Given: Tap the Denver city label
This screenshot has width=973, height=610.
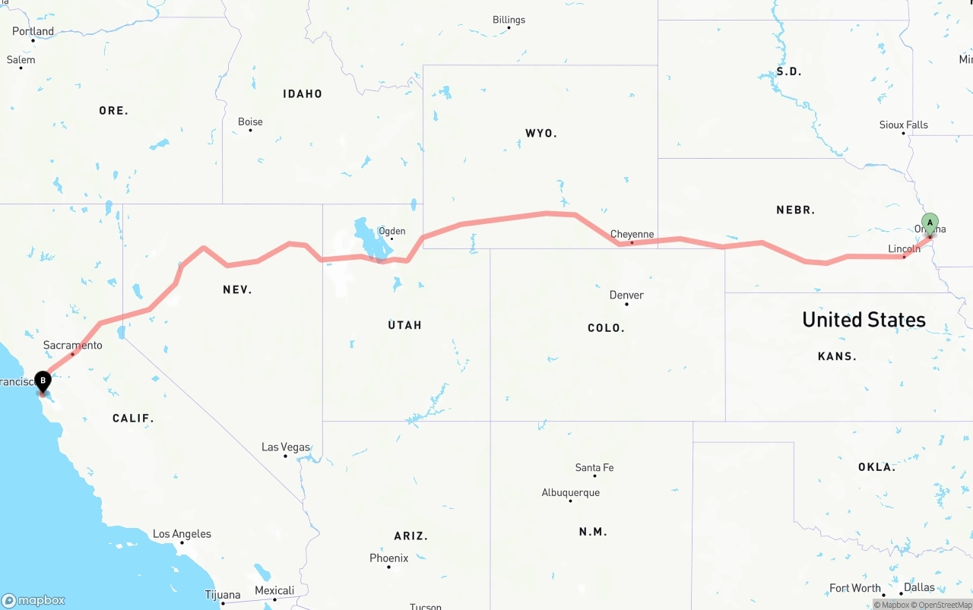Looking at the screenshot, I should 626,295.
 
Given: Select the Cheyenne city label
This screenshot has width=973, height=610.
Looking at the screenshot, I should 632,234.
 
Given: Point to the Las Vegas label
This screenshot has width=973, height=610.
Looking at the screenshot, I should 285,447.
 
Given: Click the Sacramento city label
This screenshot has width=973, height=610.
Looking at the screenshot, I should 72,345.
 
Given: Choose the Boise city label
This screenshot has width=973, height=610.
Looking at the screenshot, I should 250,122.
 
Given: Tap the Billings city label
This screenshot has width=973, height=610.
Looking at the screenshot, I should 509,20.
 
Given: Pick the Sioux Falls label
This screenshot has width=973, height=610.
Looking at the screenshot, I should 903,125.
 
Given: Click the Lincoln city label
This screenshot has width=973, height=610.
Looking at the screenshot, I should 904,248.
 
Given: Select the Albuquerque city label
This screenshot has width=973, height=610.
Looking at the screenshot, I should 570,492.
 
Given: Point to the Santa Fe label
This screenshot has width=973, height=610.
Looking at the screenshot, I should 594,467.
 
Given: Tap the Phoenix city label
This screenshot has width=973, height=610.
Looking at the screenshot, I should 388,558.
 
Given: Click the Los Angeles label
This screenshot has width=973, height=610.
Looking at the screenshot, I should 182,533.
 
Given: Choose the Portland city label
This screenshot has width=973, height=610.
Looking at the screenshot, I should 33,31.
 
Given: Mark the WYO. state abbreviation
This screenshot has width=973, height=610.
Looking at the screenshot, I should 540,133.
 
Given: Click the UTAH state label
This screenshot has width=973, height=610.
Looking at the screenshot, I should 404,324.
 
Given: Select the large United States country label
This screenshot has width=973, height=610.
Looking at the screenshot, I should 864,319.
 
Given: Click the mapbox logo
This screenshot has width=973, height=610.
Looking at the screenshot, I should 33,600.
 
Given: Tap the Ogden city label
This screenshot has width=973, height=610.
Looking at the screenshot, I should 391,231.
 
